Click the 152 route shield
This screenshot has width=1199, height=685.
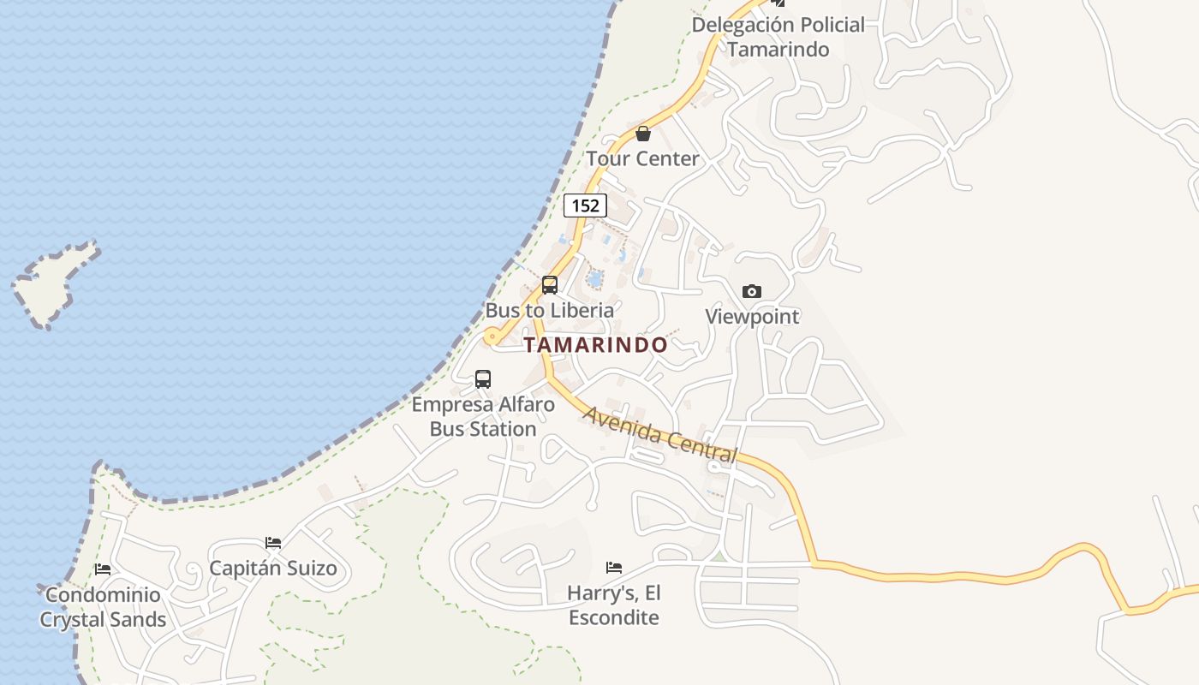tap(585, 205)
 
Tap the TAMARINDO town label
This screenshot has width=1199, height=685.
tap(595, 345)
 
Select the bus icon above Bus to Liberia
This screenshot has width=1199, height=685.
tap(550, 285)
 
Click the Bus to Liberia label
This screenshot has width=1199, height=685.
tap(550, 310)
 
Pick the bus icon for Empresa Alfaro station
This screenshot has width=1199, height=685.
tap(483, 378)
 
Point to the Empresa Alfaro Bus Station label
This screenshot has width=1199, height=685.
tap(483, 416)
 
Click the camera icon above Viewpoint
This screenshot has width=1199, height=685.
tap(752, 291)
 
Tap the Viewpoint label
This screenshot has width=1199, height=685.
tap(752, 317)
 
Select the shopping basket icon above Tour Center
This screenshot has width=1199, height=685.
tap(643, 134)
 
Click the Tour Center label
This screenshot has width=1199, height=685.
tap(643, 158)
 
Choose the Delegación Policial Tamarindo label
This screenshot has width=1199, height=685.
tap(778, 37)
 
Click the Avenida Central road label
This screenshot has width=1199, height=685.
tap(659, 435)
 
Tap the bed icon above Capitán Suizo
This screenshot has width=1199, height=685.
tap(273, 543)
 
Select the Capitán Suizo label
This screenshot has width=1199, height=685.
tap(273, 568)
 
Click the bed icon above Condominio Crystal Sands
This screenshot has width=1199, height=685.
tap(103, 569)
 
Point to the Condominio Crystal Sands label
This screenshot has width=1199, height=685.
tap(103, 607)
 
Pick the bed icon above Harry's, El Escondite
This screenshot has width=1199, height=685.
tap(614, 567)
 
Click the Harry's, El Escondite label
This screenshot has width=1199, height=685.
tap(614, 605)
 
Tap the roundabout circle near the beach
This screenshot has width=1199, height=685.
tap(491, 337)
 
